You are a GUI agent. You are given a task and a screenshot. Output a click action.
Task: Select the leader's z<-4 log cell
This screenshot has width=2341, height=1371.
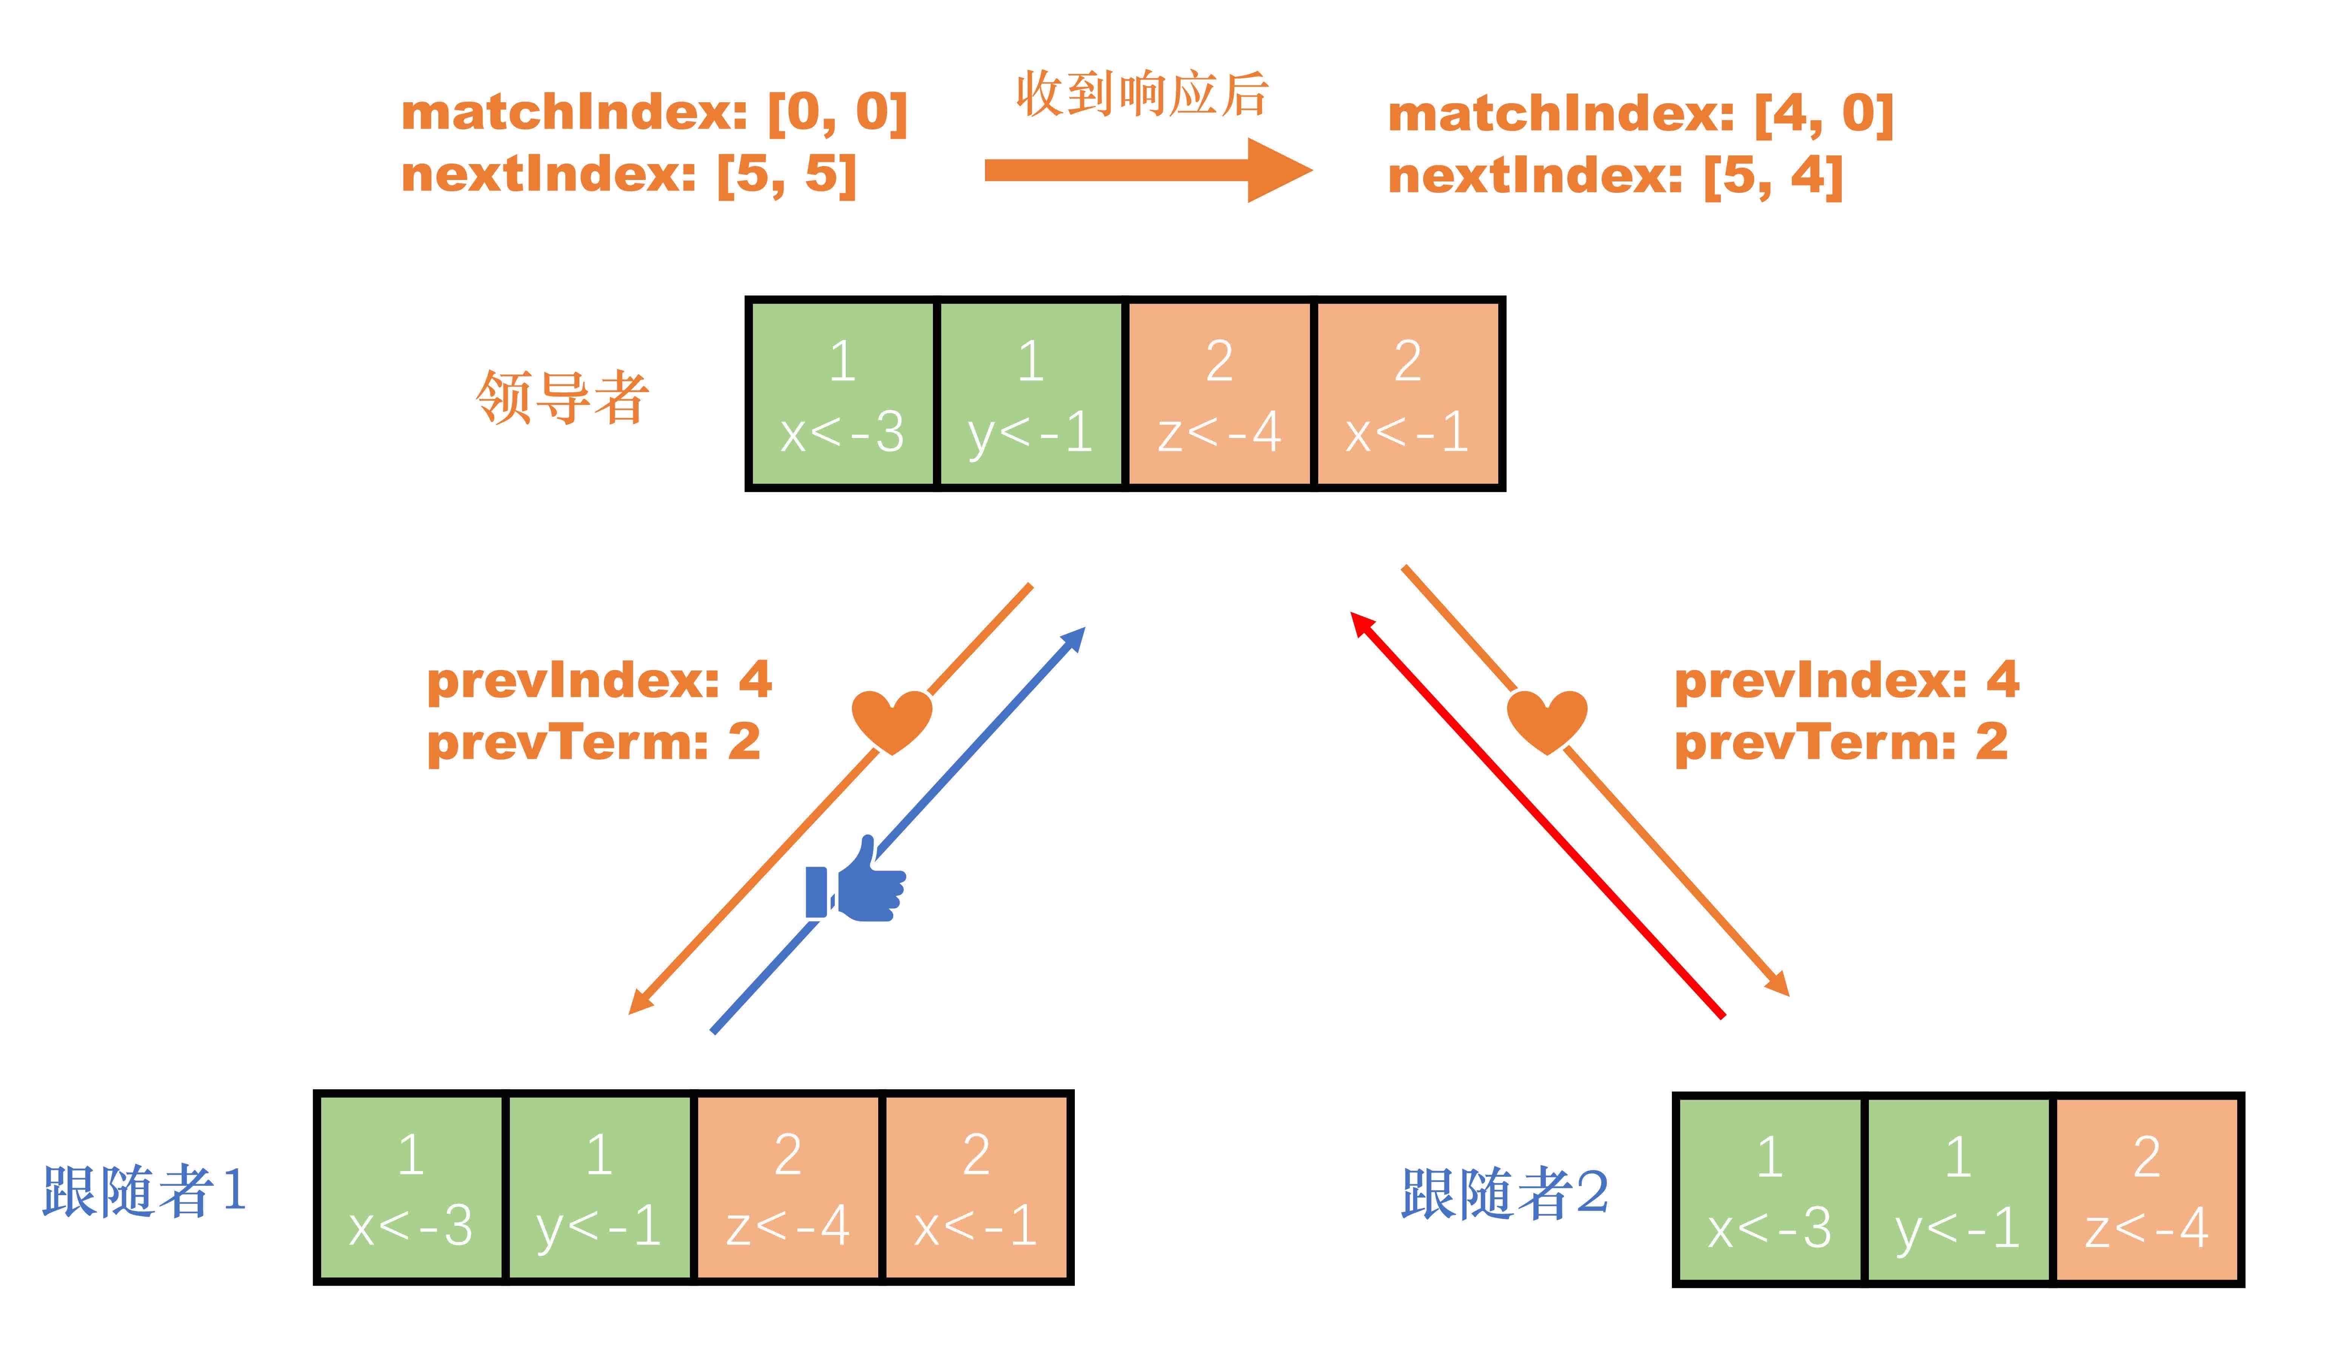1219,394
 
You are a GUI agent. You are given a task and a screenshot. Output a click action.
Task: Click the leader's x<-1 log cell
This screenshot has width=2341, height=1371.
1407,394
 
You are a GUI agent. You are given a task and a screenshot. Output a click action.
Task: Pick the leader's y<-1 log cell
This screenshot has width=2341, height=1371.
1030,394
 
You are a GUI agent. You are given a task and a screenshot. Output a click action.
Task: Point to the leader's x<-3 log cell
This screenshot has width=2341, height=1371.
842,394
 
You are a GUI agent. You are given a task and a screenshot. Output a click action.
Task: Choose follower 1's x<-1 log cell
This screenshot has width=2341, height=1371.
976,1188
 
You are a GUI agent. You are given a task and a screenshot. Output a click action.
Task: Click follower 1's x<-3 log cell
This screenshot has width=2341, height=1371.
411,1188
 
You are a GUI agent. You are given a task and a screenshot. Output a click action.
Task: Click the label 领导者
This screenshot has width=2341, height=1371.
562,398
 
